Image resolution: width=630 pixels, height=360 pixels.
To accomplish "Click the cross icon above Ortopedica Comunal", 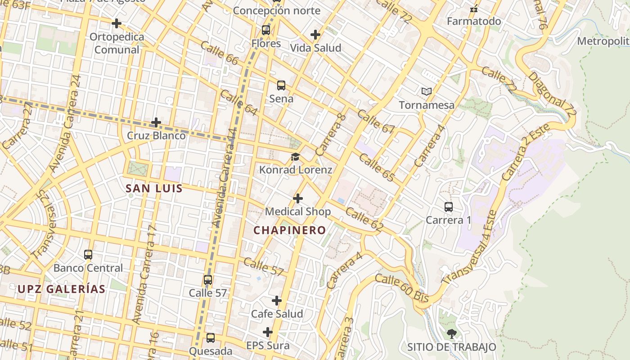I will point(117,23).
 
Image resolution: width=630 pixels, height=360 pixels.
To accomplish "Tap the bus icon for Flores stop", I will point(266,30).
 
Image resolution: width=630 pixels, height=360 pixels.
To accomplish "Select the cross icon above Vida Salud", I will point(315,34).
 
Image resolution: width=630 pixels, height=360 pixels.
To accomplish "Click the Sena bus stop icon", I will point(281,85).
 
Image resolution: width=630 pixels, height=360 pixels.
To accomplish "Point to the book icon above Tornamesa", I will point(427,91).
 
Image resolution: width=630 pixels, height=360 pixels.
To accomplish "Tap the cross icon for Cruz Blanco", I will point(156,122).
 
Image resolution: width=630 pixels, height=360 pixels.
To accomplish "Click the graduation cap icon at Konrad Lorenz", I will point(295,157).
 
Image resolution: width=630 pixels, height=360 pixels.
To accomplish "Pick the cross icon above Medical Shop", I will point(298,198).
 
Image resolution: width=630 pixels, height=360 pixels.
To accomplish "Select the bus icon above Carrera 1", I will point(449,207).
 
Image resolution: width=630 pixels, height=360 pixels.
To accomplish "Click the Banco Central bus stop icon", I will point(88,254).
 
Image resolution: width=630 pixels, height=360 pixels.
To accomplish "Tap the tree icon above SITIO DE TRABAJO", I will point(451,333).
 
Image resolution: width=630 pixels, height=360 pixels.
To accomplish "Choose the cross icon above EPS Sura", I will point(268,332).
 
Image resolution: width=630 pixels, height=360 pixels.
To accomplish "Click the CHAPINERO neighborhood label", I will point(289,230).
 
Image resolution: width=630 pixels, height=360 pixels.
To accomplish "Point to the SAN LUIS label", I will point(154,189).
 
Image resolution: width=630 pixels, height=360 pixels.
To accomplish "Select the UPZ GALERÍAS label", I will point(62,289).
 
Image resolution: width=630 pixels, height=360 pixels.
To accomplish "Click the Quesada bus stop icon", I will point(210,338).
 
